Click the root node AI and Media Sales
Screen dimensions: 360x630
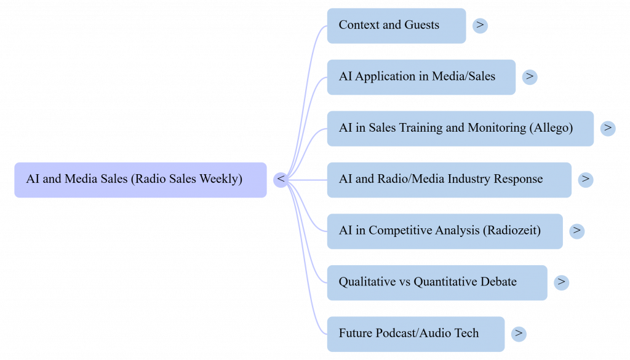coord(140,180)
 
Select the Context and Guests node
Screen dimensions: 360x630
coord(396,26)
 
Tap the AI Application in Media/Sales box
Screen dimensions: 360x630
coord(421,77)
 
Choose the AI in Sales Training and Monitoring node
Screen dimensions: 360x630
coord(460,129)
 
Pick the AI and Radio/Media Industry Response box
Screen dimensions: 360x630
coord(449,180)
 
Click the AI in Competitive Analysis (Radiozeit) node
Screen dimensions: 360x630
coord(444,231)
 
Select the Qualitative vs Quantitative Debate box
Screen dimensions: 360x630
coord(437,282)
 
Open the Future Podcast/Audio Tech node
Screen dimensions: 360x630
coord(415,334)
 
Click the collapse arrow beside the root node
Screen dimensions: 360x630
coord(281,180)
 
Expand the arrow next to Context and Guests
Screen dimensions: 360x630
coord(480,26)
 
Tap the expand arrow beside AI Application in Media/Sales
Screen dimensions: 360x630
coord(529,77)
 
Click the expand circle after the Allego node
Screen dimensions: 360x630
coord(608,128)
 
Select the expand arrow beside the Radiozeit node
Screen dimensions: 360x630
coord(576,231)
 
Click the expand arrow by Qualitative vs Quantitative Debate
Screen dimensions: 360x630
coord(561,282)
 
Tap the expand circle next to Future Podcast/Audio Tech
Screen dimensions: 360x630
coord(519,334)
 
